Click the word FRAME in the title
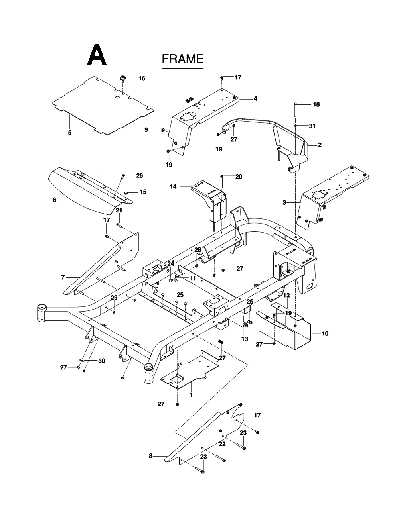(183, 59)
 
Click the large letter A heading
(97, 54)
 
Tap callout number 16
(142, 78)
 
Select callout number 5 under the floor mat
(70, 133)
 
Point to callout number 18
(316, 104)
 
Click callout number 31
(312, 126)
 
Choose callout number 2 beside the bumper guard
(320, 145)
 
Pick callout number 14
(173, 186)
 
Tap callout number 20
(239, 177)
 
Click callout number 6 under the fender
(55, 200)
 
